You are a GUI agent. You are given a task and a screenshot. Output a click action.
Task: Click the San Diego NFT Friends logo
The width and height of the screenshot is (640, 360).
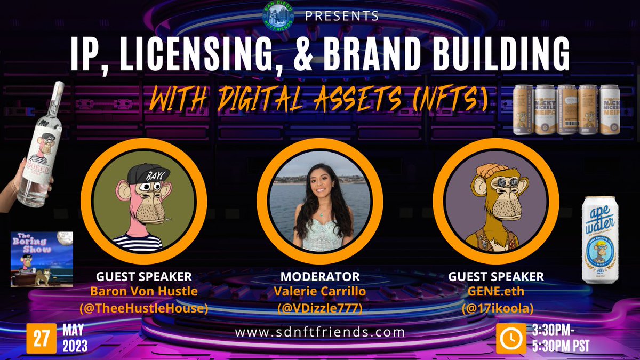click(x=278, y=16)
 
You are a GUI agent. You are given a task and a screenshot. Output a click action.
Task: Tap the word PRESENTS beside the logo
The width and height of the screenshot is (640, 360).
click(x=342, y=16)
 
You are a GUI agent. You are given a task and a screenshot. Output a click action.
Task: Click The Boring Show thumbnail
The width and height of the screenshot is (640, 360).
click(x=42, y=259)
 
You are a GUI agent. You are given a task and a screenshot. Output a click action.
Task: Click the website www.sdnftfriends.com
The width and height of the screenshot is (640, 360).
click(x=320, y=332)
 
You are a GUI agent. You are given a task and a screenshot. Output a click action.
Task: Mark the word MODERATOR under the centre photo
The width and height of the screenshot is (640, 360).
click(x=320, y=277)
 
